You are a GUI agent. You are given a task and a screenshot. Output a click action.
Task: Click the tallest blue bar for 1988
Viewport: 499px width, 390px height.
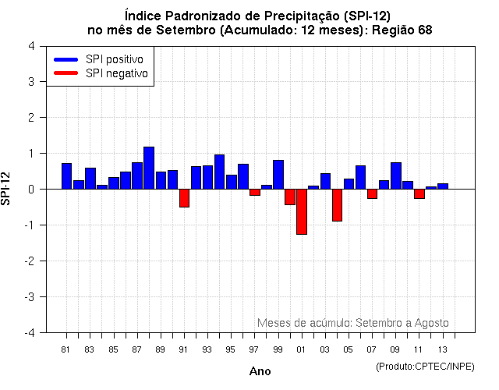click(149, 168)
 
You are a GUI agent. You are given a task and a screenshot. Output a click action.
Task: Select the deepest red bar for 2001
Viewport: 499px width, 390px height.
click(302, 211)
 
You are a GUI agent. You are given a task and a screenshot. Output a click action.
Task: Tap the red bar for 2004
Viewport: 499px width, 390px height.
click(337, 205)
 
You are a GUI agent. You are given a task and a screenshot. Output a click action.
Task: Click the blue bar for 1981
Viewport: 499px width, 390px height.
click(66, 176)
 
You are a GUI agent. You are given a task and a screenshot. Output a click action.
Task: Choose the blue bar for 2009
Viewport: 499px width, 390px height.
click(396, 175)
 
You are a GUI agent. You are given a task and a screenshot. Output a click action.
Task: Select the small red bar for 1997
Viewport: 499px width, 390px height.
click(255, 192)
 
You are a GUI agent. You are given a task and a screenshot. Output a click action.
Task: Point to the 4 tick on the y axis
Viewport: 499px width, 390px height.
click(30, 46)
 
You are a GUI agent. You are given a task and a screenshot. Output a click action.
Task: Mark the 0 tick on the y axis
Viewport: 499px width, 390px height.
click(30, 190)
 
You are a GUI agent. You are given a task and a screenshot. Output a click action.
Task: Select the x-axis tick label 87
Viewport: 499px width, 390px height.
click(137, 349)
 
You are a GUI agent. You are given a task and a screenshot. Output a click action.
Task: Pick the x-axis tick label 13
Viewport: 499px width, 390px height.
click(443, 349)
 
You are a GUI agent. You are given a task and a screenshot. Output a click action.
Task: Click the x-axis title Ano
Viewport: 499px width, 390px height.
click(260, 371)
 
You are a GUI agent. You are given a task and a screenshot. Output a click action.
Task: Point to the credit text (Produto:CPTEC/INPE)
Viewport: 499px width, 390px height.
click(424, 366)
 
